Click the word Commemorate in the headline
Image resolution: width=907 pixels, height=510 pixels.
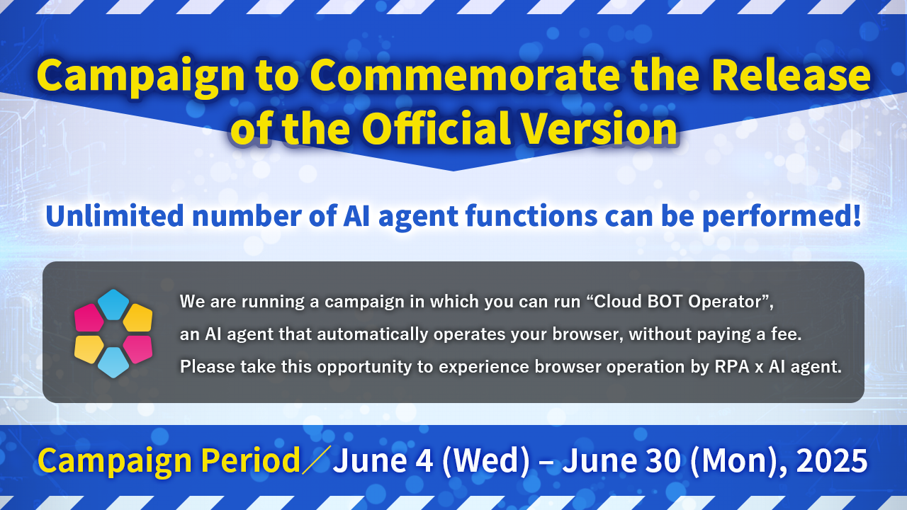point(465,76)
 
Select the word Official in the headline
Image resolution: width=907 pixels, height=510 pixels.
point(436,128)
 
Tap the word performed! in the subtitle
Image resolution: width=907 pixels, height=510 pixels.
point(782,217)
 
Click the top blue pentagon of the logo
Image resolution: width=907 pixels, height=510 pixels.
point(113,305)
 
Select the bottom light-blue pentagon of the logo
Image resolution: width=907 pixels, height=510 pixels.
point(113,362)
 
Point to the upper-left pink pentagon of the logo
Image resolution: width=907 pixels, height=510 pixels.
point(89,318)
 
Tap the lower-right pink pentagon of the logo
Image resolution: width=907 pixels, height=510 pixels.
point(138,349)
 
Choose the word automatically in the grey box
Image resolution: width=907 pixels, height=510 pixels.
point(373,335)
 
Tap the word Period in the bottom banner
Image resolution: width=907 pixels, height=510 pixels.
point(250,460)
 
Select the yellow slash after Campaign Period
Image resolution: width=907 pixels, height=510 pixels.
point(316,460)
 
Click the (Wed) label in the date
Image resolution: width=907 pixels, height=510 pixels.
point(486,460)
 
